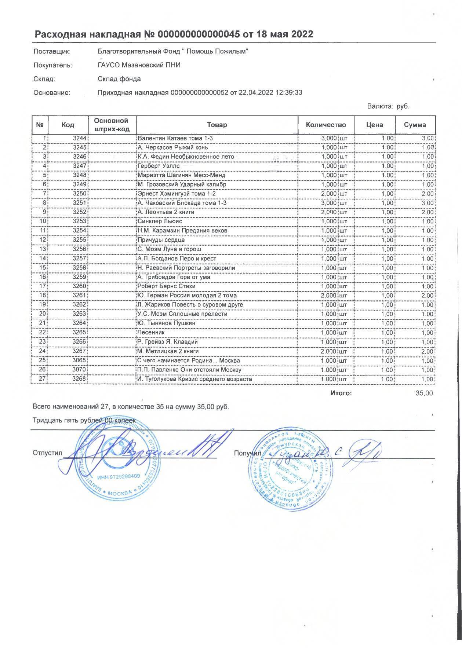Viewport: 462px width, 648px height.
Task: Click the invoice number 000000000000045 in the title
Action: [x=199, y=34]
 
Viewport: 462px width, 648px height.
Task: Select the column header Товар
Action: [x=217, y=125]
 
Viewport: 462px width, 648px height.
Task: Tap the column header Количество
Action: [x=326, y=125]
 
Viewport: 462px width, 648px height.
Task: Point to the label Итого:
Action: [x=341, y=393]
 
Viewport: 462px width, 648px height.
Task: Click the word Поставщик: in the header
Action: [x=52, y=51]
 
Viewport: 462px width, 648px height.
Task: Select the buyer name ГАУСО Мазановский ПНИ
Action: [x=139, y=65]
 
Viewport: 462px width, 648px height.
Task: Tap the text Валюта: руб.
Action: [x=388, y=106]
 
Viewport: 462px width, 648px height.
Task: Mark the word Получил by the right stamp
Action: [x=246, y=454]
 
